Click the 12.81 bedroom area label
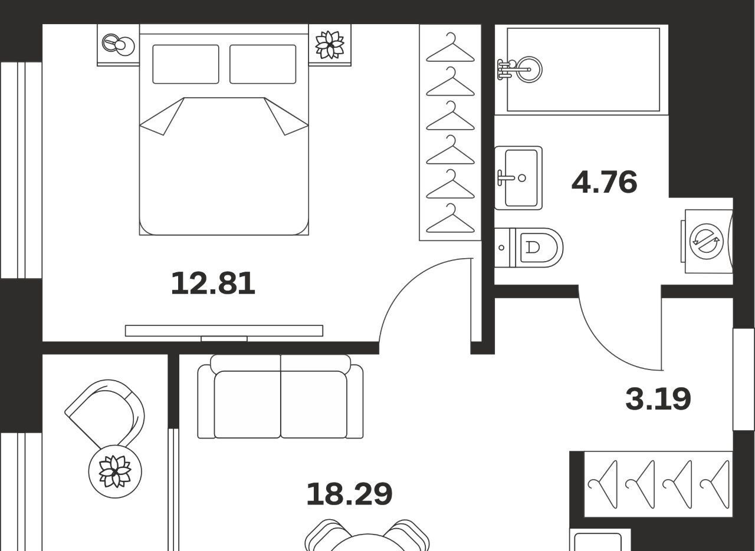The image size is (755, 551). click(x=213, y=283)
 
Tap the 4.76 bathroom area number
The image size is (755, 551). click(x=605, y=182)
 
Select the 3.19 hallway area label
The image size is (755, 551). click(x=658, y=399)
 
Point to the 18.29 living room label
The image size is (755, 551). click(x=350, y=494)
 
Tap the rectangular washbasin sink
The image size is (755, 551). click(x=518, y=178)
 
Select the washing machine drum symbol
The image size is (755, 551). click(x=707, y=242)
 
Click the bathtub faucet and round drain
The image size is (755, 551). click(x=520, y=70)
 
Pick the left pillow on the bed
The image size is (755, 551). click(x=186, y=64)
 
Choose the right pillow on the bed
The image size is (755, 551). click(x=263, y=64)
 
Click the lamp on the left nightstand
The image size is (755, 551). click(x=118, y=45)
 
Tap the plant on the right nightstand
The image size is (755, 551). click(x=330, y=45)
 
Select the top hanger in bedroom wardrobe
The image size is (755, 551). click(x=450, y=48)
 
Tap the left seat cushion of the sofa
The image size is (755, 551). click(x=247, y=404)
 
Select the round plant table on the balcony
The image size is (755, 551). click(x=115, y=471)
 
